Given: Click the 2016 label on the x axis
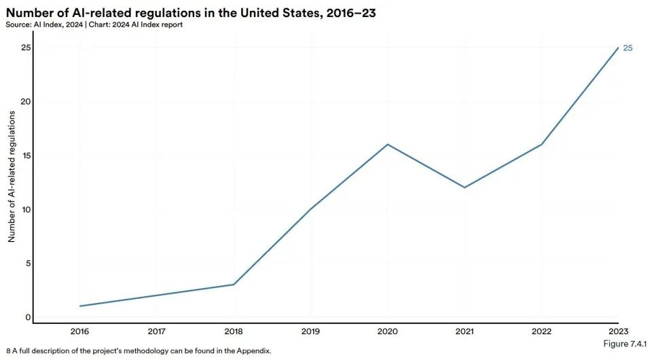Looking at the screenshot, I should tap(80, 332).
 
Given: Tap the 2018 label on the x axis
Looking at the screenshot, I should tap(234, 332).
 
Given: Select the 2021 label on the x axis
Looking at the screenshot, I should tap(464, 332).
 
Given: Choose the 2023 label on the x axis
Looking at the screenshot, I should tap(617, 332).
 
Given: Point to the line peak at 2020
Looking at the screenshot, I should tap(388, 144).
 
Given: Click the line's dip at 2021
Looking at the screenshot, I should tap(465, 187).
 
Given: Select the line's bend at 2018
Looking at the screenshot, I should tap(234, 284).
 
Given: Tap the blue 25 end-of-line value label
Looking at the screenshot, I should tap(628, 48).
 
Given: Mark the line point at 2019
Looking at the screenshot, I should tap(311, 209).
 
